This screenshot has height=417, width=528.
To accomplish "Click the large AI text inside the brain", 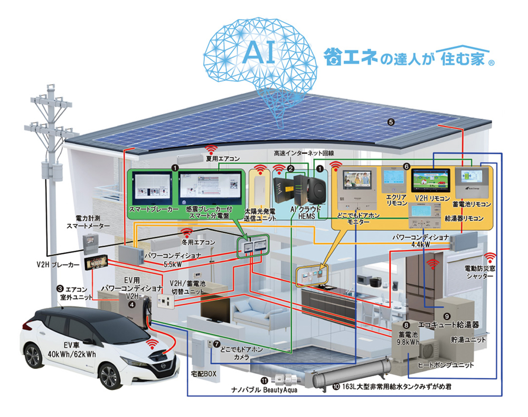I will [260, 53].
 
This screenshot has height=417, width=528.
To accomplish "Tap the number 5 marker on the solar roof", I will [390, 122].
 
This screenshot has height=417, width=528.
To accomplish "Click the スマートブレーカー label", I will [152, 210].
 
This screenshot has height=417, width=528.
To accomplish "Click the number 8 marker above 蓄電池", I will [406, 324].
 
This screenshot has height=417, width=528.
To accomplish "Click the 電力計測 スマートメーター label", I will [89, 222].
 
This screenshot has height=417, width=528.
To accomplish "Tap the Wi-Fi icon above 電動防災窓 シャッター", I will [491, 257].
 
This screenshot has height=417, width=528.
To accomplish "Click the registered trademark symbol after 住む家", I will [491, 63].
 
